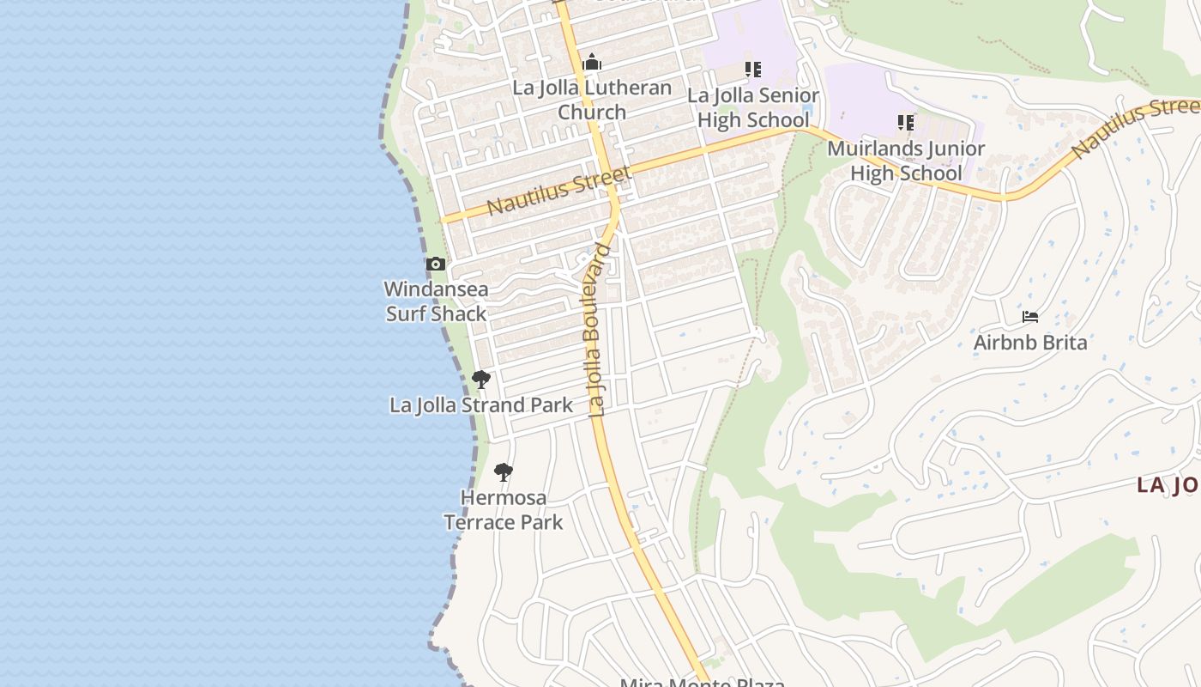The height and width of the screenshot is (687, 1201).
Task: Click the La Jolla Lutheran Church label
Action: click(592, 100)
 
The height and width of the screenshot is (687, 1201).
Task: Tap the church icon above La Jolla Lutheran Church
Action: click(592, 63)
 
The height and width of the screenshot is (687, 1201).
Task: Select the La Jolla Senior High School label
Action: click(752, 107)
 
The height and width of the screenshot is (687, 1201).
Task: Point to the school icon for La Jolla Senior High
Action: click(752, 69)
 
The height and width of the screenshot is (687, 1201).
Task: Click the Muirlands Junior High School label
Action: click(906, 161)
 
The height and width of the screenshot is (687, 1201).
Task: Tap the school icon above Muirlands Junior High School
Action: click(906, 123)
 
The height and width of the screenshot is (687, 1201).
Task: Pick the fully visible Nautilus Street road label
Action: click(558, 192)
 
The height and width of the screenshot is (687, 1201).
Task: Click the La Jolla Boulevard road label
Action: click(600, 331)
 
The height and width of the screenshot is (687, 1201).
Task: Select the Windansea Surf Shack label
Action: click(436, 301)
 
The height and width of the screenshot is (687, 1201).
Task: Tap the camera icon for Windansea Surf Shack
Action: click(436, 264)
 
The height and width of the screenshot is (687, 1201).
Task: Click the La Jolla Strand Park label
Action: click(481, 405)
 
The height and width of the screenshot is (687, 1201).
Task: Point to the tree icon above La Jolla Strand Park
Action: click(481, 379)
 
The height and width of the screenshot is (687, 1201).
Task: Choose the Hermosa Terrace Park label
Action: click(504, 509)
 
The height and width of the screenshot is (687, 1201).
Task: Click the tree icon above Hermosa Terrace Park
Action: click(504, 471)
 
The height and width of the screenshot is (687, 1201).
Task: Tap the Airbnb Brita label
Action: click(1030, 343)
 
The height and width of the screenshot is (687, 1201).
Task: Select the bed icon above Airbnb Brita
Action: click(1030, 317)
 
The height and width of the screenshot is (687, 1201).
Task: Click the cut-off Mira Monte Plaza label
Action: click(703, 682)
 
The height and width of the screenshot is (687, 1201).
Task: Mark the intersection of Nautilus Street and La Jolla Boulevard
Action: click(613, 191)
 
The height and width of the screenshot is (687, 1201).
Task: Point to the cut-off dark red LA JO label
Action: click(1167, 485)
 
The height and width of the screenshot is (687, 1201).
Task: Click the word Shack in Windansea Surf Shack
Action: click(462, 313)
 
